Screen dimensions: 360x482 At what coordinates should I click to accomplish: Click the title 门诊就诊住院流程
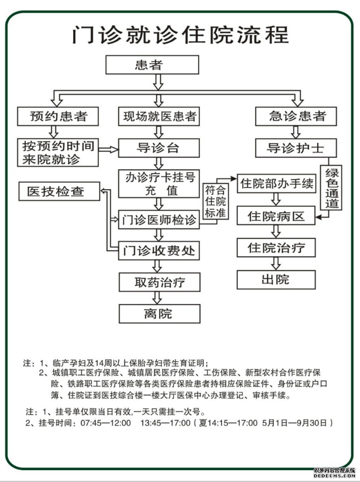(x=181, y=35)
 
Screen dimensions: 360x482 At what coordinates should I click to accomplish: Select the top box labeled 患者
(x=152, y=65)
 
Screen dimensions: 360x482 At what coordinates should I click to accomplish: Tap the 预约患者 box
(x=58, y=116)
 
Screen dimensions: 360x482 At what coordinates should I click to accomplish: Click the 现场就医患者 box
(x=159, y=116)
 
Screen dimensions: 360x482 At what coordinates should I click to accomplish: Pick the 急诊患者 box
(x=296, y=116)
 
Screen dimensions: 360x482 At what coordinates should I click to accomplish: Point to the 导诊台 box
(x=159, y=148)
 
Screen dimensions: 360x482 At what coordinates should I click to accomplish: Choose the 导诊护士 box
(x=296, y=148)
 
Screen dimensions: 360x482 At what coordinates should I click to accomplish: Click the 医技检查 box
(x=60, y=191)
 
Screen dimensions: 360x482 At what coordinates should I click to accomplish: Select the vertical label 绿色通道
(x=331, y=187)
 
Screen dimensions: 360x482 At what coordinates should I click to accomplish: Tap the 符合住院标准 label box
(x=215, y=201)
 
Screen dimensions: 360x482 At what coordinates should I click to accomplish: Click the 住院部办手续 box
(x=276, y=184)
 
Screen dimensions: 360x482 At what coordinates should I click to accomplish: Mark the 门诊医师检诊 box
(x=159, y=220)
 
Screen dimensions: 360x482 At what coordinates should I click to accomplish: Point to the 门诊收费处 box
(x=159, y=250)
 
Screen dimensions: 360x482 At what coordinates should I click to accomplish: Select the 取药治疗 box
(x=159, y=282)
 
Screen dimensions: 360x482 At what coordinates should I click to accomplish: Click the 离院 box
(x=159, y=314)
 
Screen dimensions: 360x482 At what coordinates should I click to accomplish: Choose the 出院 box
(x=276, y=279)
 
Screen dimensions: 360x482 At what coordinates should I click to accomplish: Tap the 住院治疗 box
(x=276, y=247)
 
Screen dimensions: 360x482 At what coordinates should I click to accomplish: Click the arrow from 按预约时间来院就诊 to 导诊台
(x=108, y=150)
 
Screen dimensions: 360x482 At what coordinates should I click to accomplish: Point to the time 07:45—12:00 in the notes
(x=106, y=423)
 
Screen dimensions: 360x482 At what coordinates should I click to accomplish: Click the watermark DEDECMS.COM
(x=335, y=475)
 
